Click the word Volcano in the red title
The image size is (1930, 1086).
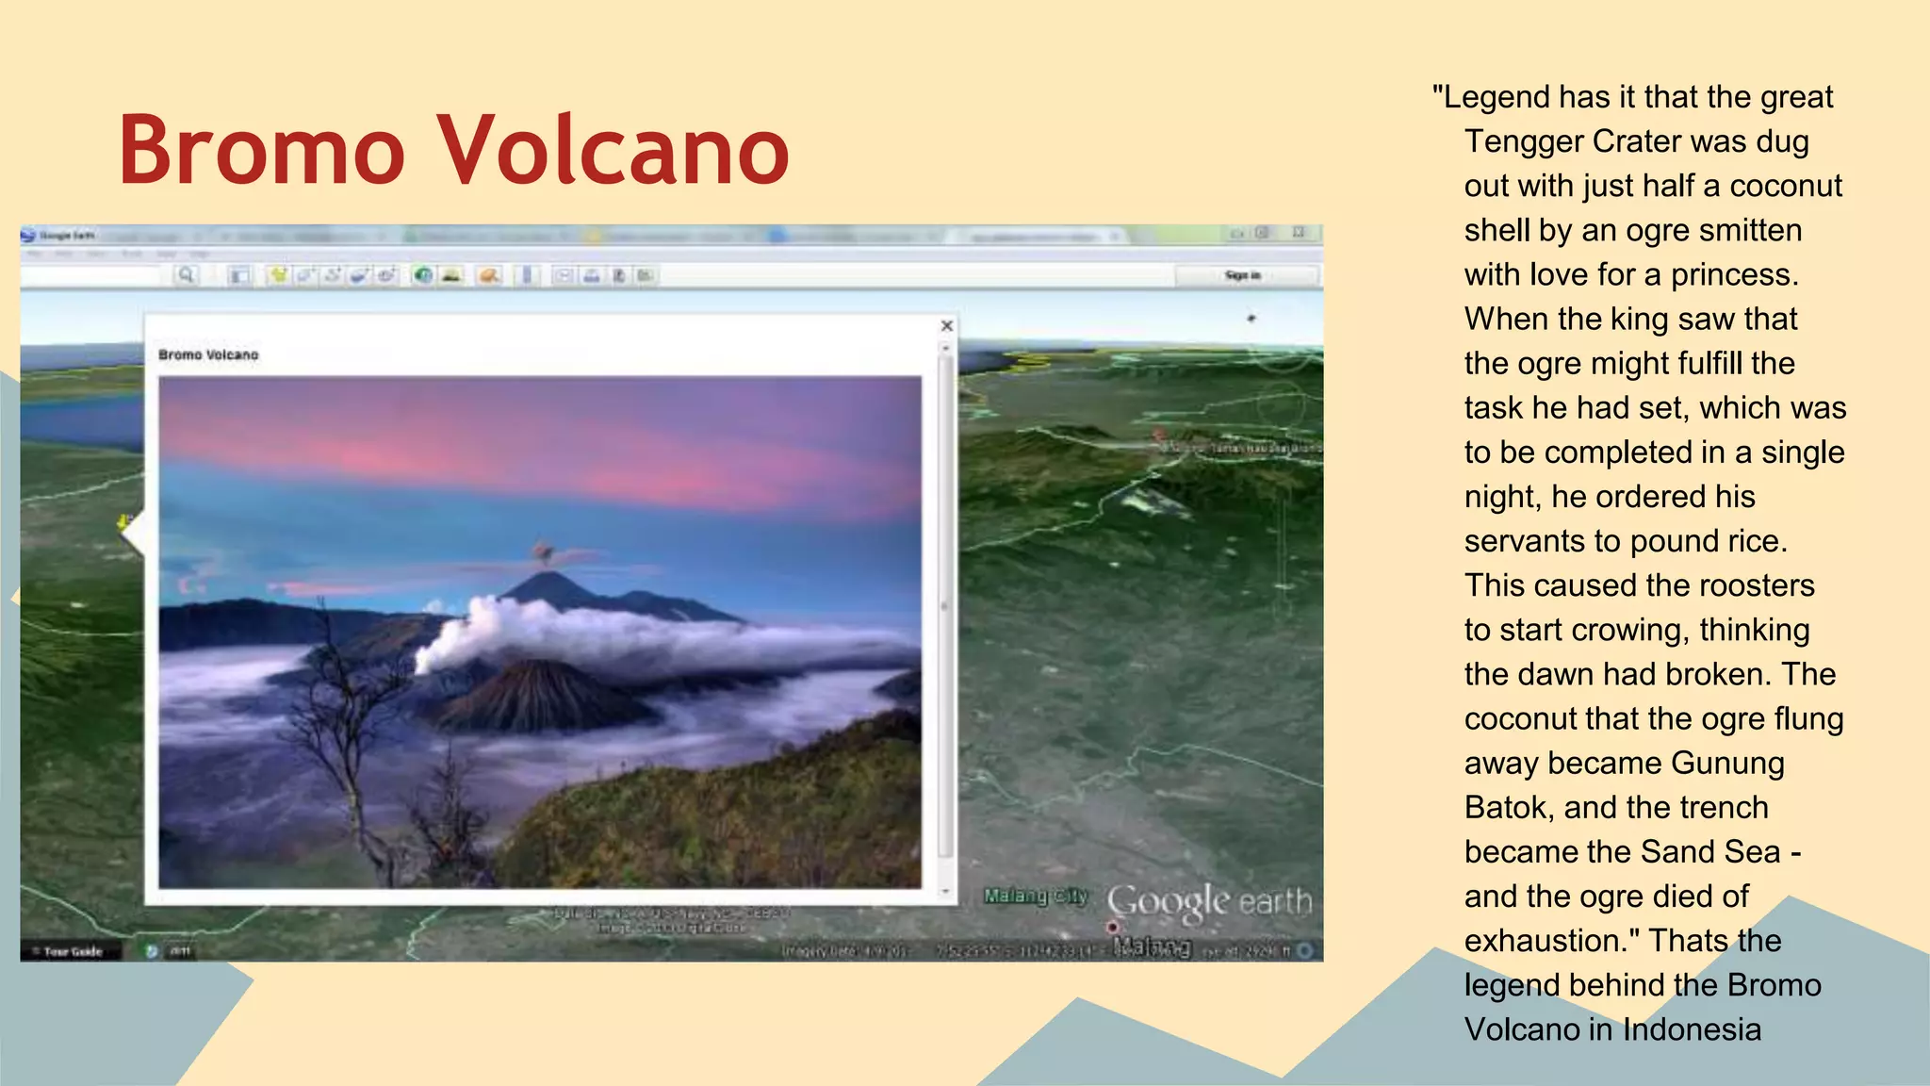click(613, 151)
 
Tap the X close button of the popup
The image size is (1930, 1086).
click(947, 326)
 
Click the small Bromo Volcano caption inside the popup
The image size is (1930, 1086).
click(208, 355)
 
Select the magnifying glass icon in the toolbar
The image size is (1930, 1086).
click(186, 275)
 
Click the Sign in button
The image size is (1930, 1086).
click(1242, 275)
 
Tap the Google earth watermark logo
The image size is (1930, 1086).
click(1209, 902)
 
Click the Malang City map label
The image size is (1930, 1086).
click(1036, 896)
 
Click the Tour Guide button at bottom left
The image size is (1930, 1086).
click(71, 951)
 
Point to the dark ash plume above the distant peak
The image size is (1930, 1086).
click(543, 551)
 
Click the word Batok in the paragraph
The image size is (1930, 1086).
click(1506, 808)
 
